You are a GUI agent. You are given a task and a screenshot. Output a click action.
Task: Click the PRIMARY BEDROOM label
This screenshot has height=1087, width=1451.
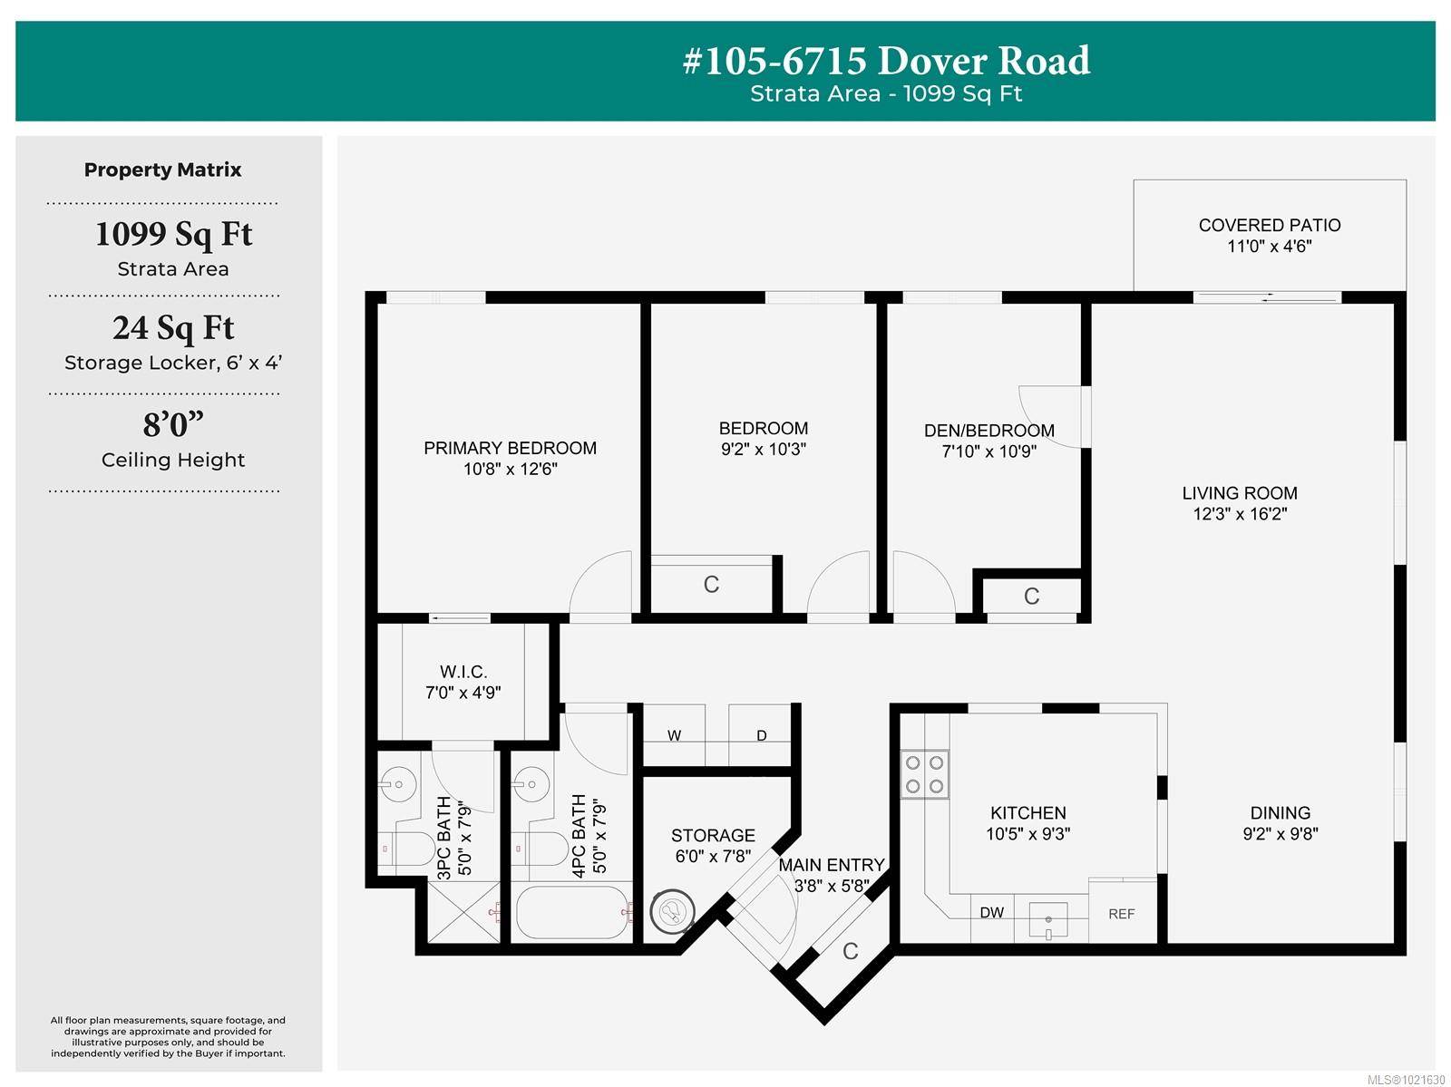[x=510, y=448]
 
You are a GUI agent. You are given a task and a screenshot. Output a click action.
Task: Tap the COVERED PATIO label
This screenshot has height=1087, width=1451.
[x=1269, y=225]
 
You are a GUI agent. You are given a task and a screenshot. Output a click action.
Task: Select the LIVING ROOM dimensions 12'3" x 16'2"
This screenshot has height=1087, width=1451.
[x=1240, y=514]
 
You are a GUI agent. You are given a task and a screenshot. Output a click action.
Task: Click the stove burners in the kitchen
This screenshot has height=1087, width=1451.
[x=924, y=774]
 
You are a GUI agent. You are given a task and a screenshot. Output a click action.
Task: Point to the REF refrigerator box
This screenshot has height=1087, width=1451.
[x=1122, y=913]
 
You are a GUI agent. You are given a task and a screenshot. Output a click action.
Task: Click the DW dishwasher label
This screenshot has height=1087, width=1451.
[x=991, y=913]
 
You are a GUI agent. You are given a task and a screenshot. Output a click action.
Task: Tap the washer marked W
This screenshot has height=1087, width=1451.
[x=674, y=735]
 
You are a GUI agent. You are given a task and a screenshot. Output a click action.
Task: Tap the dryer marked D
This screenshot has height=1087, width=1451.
[x=761, y=735]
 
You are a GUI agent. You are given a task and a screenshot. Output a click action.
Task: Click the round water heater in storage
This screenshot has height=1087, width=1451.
[x=672, y=911]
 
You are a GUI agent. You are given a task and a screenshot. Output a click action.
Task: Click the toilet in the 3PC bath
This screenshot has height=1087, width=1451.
[x=413, y=849]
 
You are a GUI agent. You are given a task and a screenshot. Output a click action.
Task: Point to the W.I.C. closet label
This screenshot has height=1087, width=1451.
[x=463, y=672]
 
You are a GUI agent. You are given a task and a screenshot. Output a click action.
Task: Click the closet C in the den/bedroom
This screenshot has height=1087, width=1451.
[x=1031, y=597]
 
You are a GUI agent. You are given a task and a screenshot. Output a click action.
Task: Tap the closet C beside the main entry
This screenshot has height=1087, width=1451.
[x=850, y=951]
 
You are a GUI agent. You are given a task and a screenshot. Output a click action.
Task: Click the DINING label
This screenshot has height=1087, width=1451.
[x=1280, y=813]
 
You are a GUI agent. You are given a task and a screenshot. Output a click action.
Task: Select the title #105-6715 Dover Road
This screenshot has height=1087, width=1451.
[x=886, y=61]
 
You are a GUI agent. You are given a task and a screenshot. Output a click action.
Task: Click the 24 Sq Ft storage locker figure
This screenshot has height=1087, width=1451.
[x=173, y=328]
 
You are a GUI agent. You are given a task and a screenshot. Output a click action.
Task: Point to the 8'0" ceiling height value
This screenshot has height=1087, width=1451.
[x=173, y=424]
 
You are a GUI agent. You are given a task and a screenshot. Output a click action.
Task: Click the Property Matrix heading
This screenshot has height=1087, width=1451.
[x=163, y=170]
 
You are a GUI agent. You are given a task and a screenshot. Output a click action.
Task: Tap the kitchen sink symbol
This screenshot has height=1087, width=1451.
[x=1047, y=921]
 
